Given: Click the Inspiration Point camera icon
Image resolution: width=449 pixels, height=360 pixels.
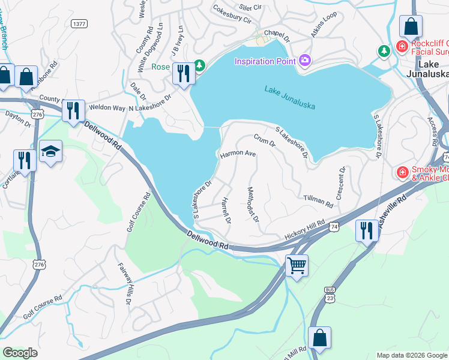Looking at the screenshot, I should coord(305,60).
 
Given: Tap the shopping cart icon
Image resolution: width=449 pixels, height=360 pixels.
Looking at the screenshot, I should coord(297,265).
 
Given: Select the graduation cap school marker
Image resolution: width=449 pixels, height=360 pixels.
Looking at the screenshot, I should coord(51,151).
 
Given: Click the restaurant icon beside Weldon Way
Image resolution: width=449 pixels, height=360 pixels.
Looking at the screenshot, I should coord(73,110).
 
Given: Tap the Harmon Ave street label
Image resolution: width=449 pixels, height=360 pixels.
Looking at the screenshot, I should coord(238,154).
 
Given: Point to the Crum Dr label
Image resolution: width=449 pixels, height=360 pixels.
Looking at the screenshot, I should coord(264,141).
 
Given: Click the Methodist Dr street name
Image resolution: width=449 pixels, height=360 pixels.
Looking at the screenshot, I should coord(253,205).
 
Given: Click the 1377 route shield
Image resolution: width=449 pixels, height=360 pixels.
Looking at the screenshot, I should coord(79,23).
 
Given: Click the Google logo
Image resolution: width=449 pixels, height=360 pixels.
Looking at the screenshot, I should coord(20,353).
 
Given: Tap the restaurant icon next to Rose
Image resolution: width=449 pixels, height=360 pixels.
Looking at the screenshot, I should coord(182,73).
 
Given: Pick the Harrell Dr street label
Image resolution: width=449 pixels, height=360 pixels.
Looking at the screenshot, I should coord(226,210).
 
